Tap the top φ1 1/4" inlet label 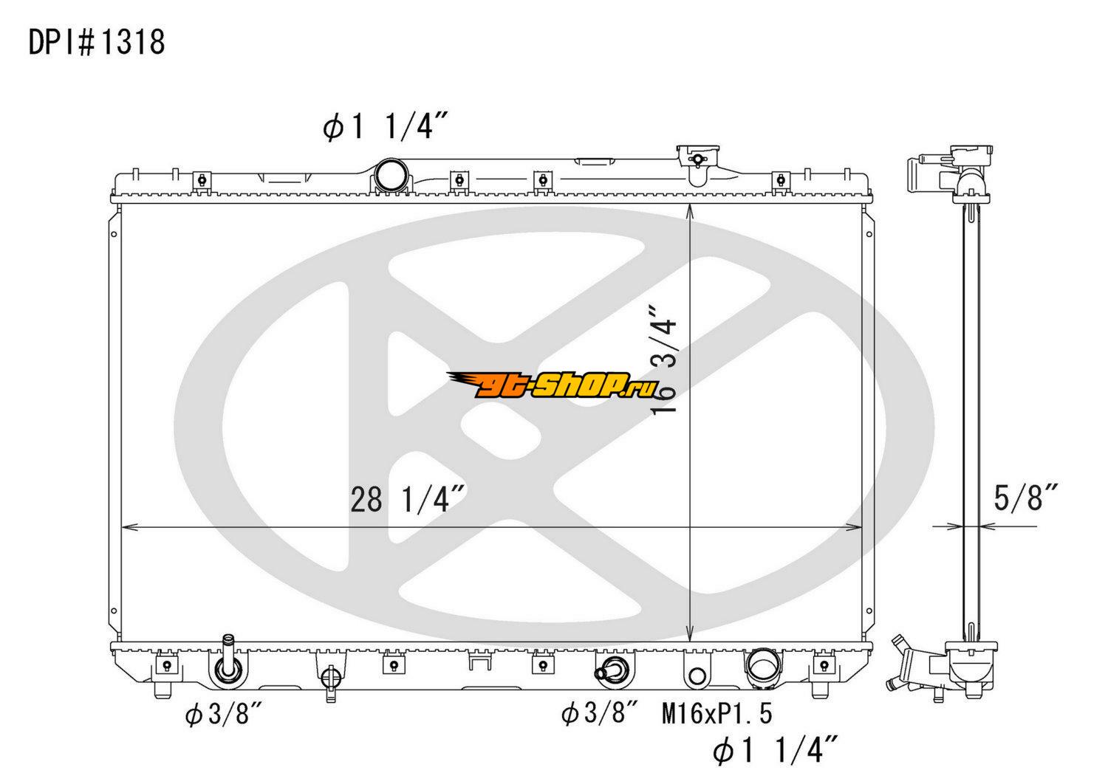tap(386, 126)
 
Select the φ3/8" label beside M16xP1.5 tap(600, 714)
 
